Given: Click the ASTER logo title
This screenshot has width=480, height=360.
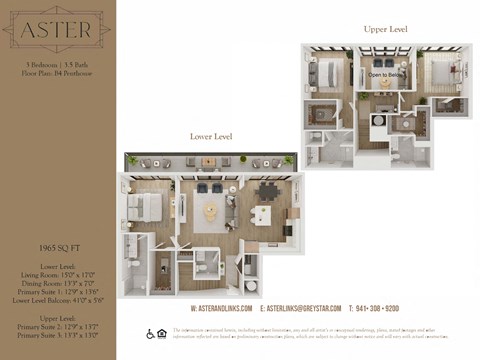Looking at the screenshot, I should (x=57, y=33).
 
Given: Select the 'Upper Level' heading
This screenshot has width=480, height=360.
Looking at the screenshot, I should (x=385, y=30).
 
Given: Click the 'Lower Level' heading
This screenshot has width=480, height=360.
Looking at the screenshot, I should (x=212, y=135).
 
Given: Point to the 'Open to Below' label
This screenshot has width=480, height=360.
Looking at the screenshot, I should (x=385, y=75).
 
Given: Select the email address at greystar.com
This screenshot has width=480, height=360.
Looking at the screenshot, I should (x=300, y=308).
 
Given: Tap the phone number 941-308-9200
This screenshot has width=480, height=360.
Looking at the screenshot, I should (x=377, y=308).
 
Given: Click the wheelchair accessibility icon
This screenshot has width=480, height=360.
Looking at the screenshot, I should (x=151, y=333).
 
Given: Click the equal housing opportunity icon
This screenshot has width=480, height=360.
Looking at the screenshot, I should (x=162, y=333).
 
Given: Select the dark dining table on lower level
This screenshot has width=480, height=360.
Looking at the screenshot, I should (x=267, y=190).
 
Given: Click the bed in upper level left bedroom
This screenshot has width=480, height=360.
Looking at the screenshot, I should (x=329, y=72).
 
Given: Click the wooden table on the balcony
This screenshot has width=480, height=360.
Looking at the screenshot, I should (x=208, y=161).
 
